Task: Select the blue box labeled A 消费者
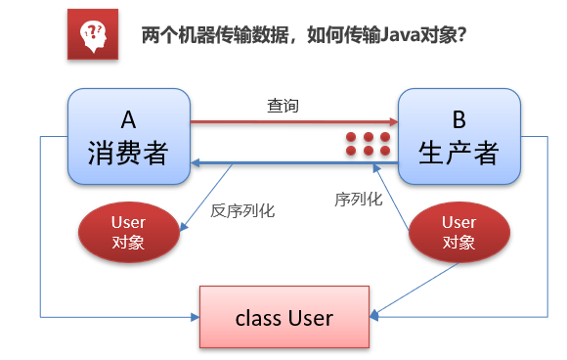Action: coord(128,137)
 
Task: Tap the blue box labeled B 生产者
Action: coord(458,137)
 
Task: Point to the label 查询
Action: coord(283,106)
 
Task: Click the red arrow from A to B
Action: coord(293,122)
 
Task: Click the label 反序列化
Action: coord(243,208)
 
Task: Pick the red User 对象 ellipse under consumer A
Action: coord(128,233)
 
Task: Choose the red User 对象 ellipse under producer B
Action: coord(458,233)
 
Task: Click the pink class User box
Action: coord(283,317)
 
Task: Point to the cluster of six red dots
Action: coord(369,144)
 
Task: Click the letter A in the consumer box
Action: coord(128,119)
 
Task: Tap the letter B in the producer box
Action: coord(458,119)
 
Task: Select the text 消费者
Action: coord(128,153)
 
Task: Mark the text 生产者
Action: coord(458,153)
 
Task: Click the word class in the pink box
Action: coord(257,318)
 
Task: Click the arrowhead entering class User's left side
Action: coord(194,317)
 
